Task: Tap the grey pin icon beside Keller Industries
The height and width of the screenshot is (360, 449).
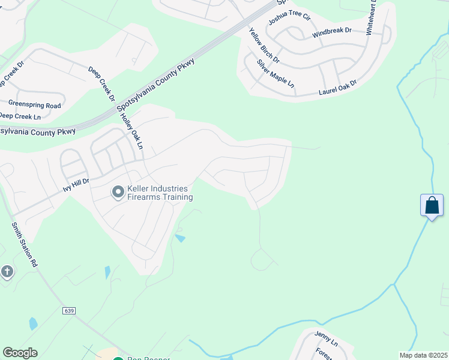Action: point(118,192)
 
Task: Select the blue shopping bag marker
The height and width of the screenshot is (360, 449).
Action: point(432,206)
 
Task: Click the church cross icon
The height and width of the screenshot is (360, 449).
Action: point(7,272)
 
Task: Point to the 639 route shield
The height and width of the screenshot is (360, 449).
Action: point(70,310)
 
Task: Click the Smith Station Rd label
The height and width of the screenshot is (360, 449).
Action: point(25,245)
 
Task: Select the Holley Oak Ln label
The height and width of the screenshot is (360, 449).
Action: point(133,132)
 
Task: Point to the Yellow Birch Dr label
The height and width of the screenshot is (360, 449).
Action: point(264,46)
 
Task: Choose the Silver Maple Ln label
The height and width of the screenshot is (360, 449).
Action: point(276,74)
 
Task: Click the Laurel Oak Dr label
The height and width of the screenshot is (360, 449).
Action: point(337,88)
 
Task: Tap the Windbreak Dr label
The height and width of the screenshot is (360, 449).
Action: point(331,32)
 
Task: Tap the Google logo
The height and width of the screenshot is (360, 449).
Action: point(20,353)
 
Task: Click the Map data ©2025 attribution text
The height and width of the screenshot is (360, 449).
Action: point(424,356)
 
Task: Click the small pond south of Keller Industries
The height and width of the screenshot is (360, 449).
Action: point(179,238)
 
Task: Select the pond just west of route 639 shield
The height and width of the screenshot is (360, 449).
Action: point(33,324)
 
